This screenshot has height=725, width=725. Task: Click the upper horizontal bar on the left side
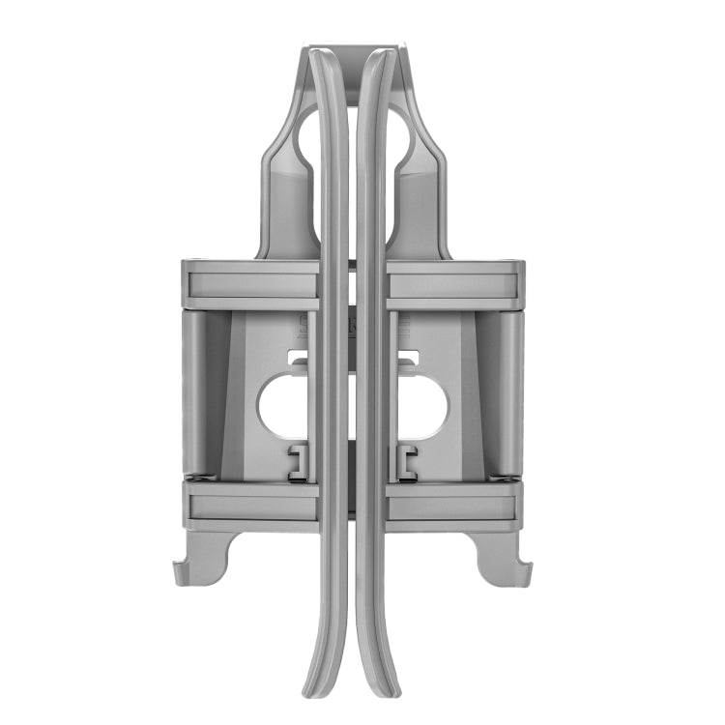point(251,285)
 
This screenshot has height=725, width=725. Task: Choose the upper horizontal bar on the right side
point(454,285)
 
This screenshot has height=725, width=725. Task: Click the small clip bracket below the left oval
point(300,461)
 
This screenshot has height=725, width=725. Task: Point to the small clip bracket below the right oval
point(406,461)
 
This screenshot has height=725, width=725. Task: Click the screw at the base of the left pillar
point(198,477)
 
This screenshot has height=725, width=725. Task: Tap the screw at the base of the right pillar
point(506,477)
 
